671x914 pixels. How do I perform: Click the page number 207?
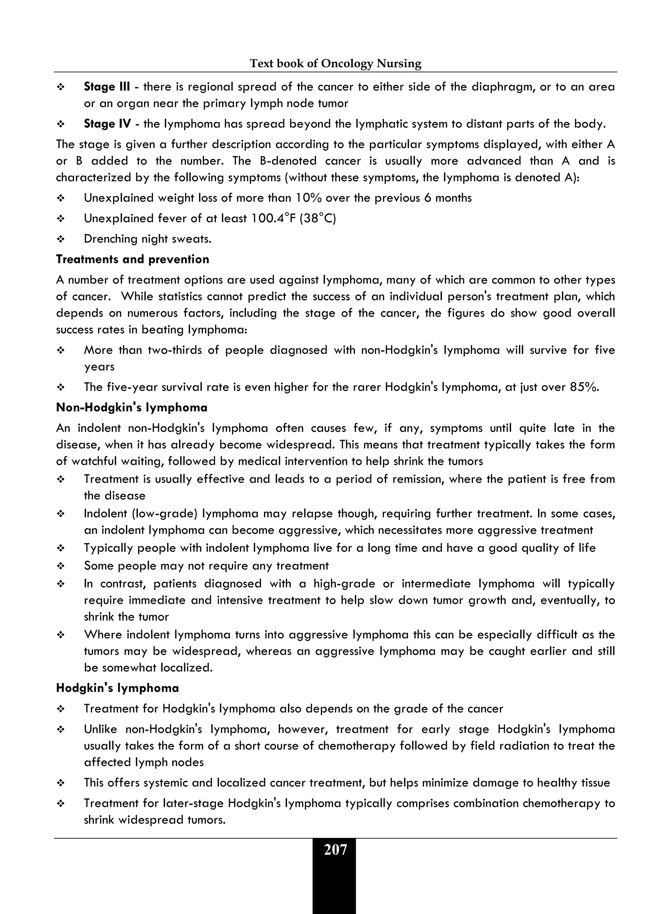(335, 850)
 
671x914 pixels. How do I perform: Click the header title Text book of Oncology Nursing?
(335, 63)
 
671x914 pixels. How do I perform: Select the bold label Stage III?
(107, 87)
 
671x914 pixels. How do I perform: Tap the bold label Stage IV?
(107, 124)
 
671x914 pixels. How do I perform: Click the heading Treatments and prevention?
(132, 259)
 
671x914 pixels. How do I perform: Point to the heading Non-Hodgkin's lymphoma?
(132, 407)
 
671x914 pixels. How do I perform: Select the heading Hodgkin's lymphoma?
(117, 688)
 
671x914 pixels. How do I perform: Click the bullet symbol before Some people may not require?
(61, 566)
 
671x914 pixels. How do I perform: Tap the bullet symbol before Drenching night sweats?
(61, 239)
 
